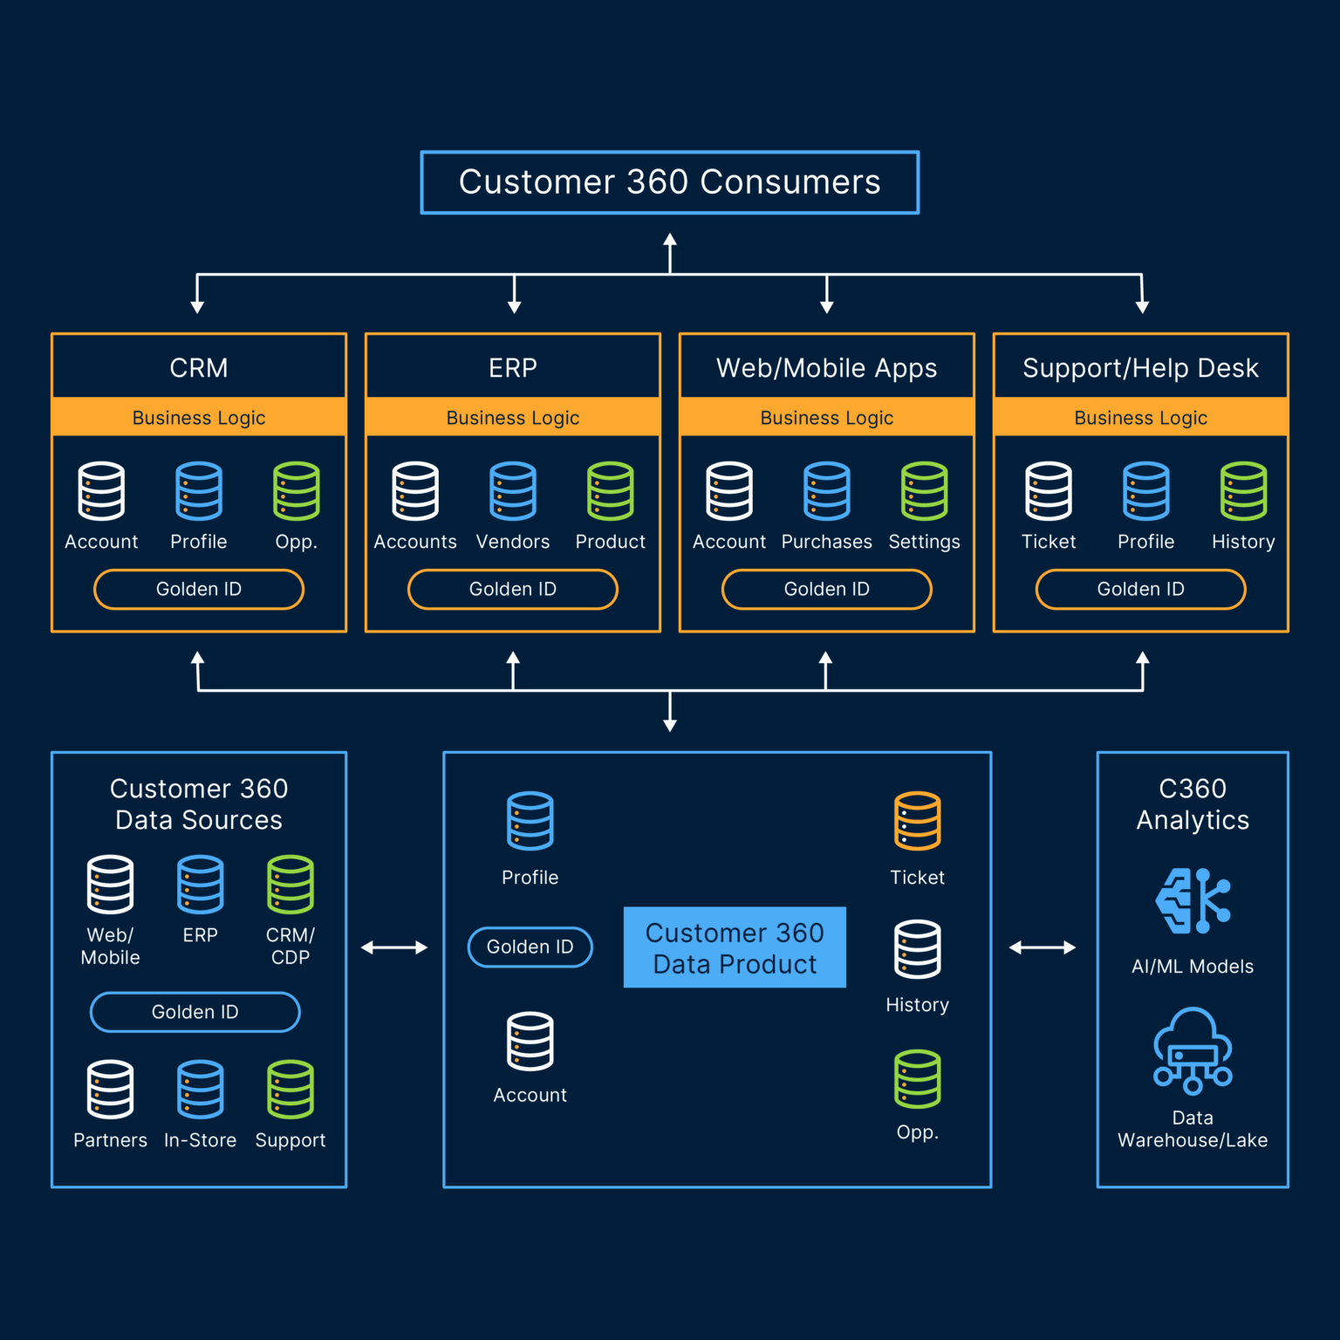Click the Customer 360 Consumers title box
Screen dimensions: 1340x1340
click(669, 182)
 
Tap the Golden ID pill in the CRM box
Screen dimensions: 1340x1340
click(199, 590)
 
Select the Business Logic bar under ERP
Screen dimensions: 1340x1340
click(513, 418)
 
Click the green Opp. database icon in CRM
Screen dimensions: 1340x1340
click(297, 491)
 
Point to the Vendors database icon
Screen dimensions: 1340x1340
click(513, 491)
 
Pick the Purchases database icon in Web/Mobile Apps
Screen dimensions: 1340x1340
click(826, 491)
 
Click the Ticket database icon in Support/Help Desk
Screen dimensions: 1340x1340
click(1049, 491)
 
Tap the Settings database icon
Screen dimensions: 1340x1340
click(924, 491)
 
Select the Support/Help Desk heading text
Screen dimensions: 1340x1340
click(1140, 368)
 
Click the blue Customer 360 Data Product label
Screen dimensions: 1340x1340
click(735, 947)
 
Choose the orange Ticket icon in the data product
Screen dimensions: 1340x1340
click(917, 821)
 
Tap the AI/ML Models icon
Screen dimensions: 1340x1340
click(1193, 901)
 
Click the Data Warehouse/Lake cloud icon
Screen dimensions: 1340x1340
click(1193, 1051)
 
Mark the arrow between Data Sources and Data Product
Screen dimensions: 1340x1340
click(394, 947)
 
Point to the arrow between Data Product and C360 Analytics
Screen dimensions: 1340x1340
click(1043, 947)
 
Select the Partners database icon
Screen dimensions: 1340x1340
click(111, 1090)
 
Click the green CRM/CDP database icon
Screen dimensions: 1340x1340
click(291, 885)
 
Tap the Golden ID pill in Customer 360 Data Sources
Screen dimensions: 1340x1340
click(195, 1012)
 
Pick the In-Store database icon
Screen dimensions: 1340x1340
click(201, 1090)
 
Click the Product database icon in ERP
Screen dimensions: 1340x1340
click(611, 491)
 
